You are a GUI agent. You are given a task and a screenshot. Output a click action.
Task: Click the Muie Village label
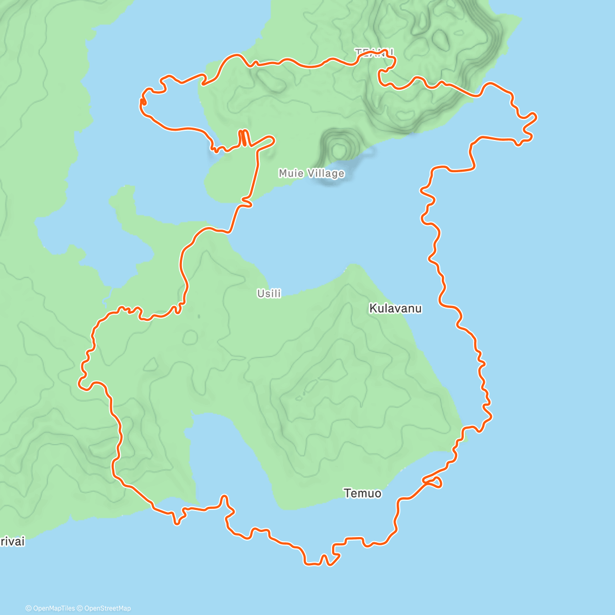tap(311, 173)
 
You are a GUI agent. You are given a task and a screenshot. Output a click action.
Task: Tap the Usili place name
tap(269, 294)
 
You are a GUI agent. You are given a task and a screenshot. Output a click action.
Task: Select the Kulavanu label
tap(395, 309)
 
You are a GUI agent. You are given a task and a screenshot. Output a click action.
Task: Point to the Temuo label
tap(362, 494)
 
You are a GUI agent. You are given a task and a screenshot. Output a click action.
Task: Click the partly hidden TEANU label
tap(375, 52)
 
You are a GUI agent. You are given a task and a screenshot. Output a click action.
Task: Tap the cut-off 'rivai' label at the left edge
tap(12, 542)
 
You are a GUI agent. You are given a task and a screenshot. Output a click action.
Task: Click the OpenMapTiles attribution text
tap(53, 608)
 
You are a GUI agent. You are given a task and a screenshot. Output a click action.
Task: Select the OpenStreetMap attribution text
tap(107, 608)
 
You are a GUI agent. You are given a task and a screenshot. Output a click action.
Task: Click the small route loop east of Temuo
tap(435, 482)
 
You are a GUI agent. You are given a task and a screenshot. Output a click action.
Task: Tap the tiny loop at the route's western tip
tap(143, 102)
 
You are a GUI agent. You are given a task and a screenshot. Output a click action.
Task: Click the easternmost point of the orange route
tap(536, 117)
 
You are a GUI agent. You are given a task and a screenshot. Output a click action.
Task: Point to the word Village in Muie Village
tap(326, 173)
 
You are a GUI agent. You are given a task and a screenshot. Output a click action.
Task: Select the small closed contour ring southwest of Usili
tap(191, 337)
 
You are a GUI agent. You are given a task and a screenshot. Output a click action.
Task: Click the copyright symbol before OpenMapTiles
tap(29, 608)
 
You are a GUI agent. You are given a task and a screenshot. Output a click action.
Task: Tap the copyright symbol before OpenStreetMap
tap(80, 608)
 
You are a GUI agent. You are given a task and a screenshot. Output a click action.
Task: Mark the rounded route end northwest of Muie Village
tap(272, 139)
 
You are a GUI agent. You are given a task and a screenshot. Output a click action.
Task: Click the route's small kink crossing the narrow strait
tap(247, 204)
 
